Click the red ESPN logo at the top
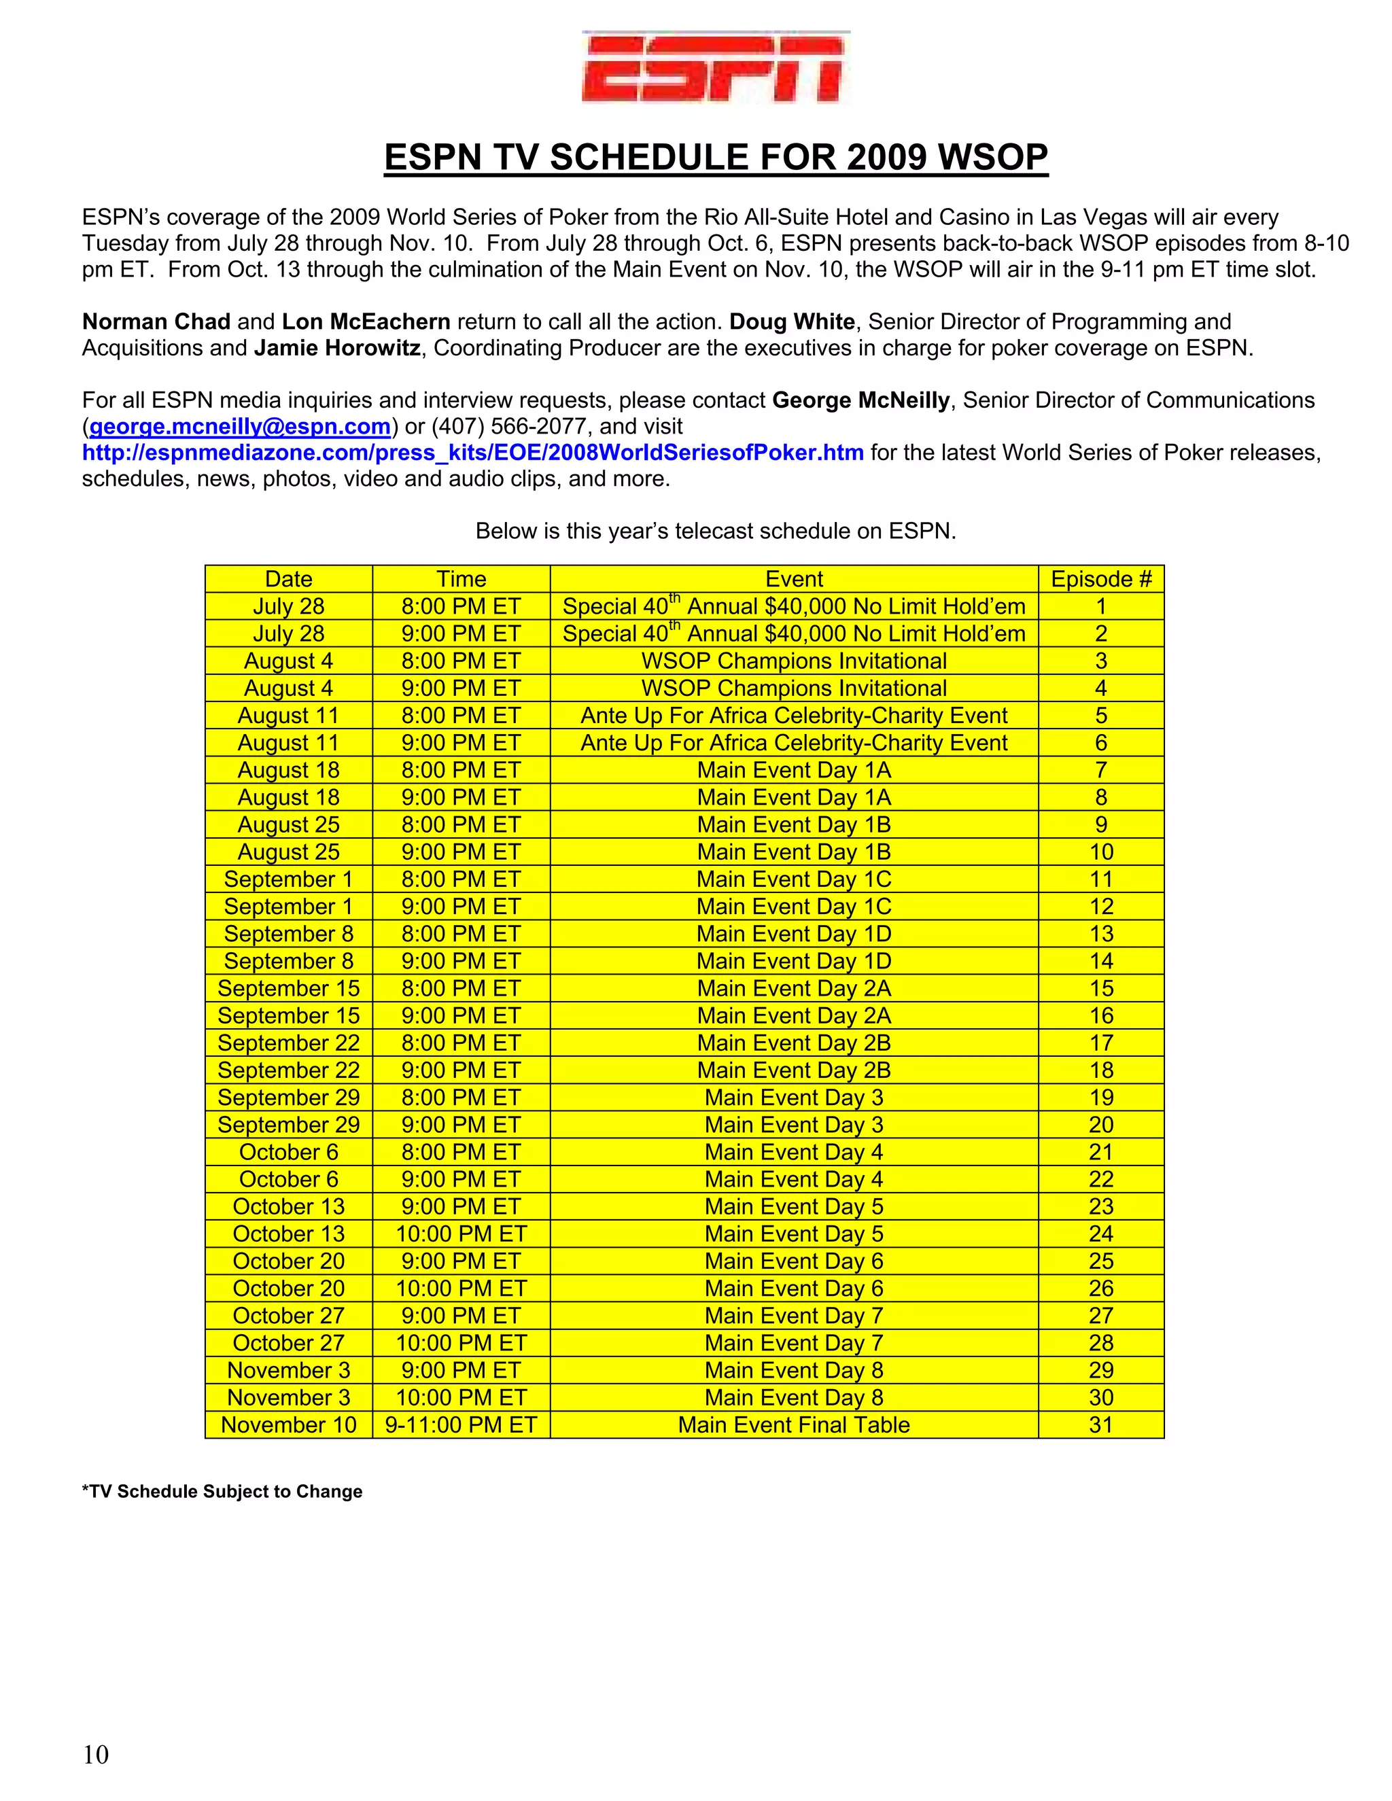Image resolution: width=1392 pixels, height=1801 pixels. pos(715,67)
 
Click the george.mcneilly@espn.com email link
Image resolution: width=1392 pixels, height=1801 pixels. pos(239,426)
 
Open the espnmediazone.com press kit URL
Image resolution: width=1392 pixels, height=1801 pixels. pos(472,453)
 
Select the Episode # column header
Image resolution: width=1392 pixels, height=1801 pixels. pos(1100,579)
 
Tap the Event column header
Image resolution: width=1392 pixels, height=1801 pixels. pos(793,579)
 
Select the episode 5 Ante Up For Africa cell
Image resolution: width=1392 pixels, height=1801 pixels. pos(793,715)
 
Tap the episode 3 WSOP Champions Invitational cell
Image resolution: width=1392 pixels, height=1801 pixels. pos(793,661)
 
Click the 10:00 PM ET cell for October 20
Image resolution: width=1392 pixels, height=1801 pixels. pos(461,1288)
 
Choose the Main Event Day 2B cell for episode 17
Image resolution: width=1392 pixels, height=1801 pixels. pos(793,1043)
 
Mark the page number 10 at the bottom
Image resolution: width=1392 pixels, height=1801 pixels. pos(96,1754)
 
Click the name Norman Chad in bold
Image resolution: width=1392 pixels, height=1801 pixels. pos(156,321)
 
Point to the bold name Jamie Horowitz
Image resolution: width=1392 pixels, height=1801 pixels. pos(336,348)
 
